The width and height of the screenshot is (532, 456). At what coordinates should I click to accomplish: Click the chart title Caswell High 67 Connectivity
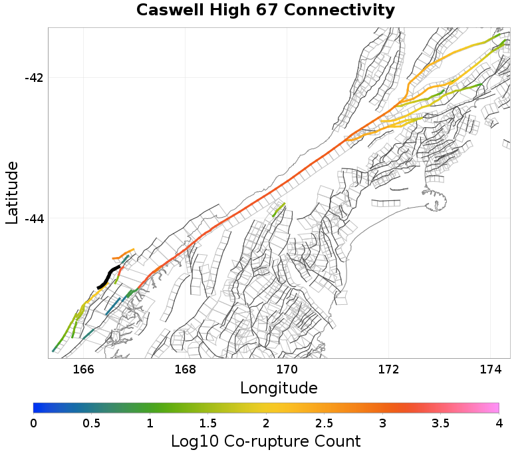(x=265, y=11)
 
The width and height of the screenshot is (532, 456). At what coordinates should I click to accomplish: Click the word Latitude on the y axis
(x=12, y=192)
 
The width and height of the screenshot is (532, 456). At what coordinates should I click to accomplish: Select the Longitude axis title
(x=279, y=387)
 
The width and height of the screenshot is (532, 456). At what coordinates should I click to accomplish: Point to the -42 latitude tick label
(x=33, y=77)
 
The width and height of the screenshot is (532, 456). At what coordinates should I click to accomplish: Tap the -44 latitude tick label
(x=33, y=218)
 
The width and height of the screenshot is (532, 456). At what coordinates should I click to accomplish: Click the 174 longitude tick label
(x=490, y=369)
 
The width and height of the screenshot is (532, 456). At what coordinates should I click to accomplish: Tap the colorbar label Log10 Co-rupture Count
(x=265, y=441)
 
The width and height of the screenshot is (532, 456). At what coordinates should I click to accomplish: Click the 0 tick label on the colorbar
(x=34, y=423)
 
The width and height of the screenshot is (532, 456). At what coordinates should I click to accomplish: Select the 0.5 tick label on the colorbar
(x=92, y=423)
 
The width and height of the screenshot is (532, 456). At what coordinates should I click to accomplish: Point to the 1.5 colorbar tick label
(x=208, y=423)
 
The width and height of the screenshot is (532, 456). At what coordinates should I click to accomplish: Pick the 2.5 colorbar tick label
(x=325, y=423)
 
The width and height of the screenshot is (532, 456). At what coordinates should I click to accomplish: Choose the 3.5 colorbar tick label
(x=441, y=423)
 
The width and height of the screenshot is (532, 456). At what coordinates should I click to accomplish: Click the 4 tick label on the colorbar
(x=499, y=423)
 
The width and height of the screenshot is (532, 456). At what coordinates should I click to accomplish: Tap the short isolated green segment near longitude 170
(x=279, y=210)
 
